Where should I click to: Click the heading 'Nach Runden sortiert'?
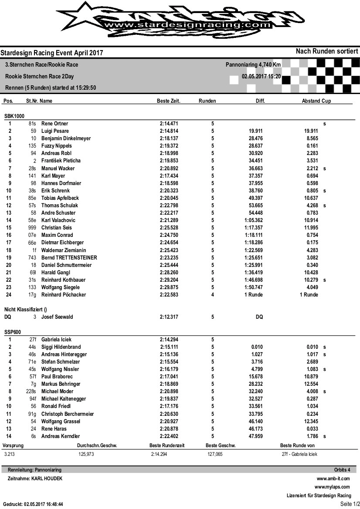(x=327, y=51)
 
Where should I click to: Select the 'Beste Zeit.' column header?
(x=169, y=101)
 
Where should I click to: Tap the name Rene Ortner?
(x=54, y=124)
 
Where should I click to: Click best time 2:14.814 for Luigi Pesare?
(x=169, y=131)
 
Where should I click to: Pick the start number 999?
(x=32, y=228)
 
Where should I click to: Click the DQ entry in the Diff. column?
(x=259, y=317)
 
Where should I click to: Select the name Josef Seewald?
(x=57, y=317)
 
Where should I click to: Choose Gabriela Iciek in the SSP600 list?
(x=56, y=339)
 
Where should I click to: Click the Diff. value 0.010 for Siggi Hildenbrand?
(x=257, y=347)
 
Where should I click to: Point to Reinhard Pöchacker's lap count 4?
(x=213, y=295)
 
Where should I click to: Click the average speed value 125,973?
(x=86, y=454)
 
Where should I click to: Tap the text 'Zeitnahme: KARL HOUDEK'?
(x=35, y=479)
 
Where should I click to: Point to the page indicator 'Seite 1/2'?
(x=349, y=504)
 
